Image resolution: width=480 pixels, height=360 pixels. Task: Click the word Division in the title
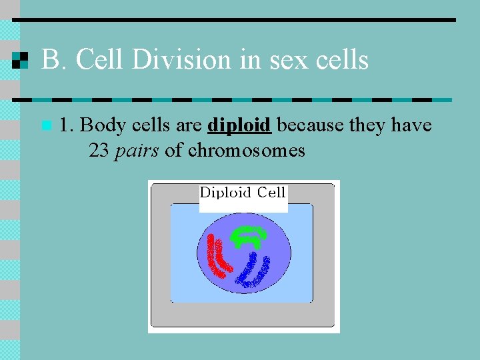(182, 60)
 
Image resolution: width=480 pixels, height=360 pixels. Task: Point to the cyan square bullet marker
(45, 125)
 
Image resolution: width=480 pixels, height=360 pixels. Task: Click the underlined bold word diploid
(239, 125)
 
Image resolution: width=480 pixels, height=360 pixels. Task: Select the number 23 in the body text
(99, 151)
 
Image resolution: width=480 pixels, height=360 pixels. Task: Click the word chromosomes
(246, 151)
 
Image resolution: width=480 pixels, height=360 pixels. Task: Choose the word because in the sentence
(309, 125)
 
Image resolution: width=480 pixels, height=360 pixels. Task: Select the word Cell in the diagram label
(271, 193)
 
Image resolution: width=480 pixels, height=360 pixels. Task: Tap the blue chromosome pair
(254, 270)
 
